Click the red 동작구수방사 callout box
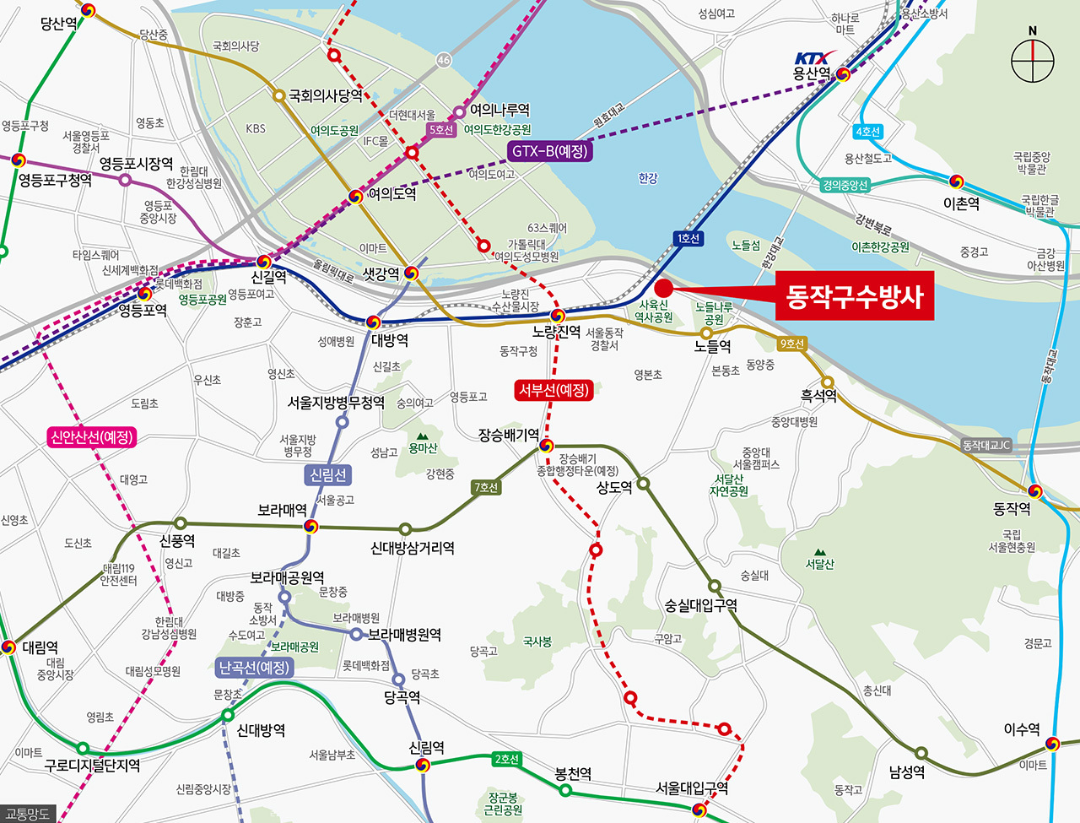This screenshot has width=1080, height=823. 854,296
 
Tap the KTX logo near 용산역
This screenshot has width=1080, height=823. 812,58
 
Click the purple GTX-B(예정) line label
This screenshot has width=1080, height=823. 550,152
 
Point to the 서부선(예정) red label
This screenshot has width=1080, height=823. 553,390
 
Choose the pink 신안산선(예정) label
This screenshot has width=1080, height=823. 92,437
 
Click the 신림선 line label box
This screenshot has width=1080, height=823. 328,475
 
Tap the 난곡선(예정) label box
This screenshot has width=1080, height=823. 254,668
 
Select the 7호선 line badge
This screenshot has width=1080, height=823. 487,487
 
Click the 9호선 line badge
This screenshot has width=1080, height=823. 791,344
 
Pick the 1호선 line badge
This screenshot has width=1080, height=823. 688,239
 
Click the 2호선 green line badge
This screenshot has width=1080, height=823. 506,759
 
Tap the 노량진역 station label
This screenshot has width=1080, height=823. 557,332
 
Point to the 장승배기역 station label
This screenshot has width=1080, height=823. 509,435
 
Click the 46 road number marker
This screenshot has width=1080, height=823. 444,60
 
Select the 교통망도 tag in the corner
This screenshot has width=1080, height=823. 28,814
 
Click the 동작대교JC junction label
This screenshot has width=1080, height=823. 986,445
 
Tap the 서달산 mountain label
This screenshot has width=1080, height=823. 819,564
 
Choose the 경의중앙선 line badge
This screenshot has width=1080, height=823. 845,185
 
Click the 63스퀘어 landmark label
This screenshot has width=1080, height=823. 548,228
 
